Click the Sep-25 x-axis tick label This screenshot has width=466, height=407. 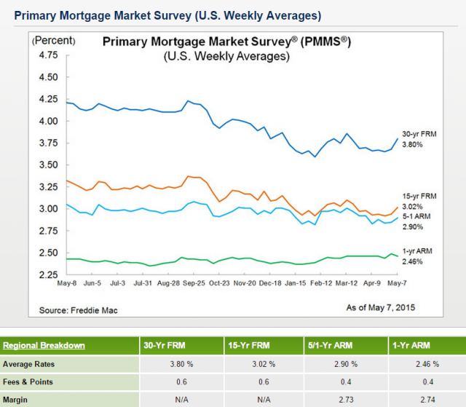click(x=193, y=282)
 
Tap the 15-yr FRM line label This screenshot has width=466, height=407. click(x=419, y=197)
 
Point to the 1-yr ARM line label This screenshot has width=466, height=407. click(x=417, y=250)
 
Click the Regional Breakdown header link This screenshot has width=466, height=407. click(x=44, y=345)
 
